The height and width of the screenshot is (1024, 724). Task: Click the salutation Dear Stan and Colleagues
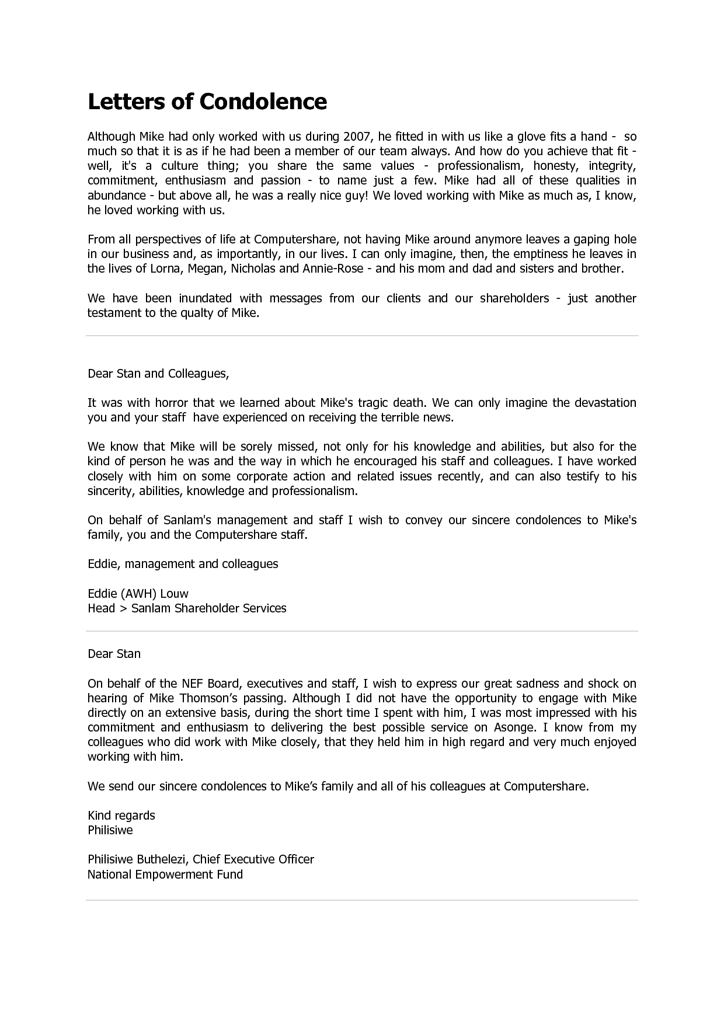(158, 374)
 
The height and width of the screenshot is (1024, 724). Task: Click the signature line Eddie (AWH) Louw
(138, 594)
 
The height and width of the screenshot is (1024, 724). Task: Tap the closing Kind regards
(121, 816)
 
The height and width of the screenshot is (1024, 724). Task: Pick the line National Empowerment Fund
(165, 875)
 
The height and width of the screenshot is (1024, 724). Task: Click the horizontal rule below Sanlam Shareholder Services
(362, 631)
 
